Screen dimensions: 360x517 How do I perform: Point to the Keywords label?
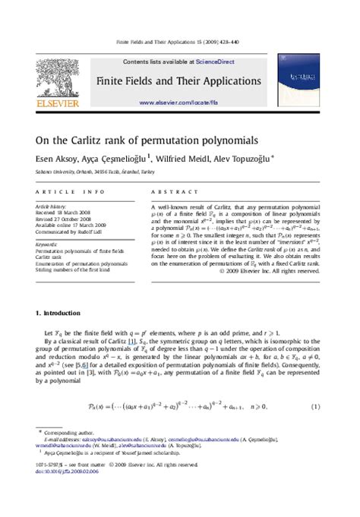point(46,244)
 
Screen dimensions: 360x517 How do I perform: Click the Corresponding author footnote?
point(68,430)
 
